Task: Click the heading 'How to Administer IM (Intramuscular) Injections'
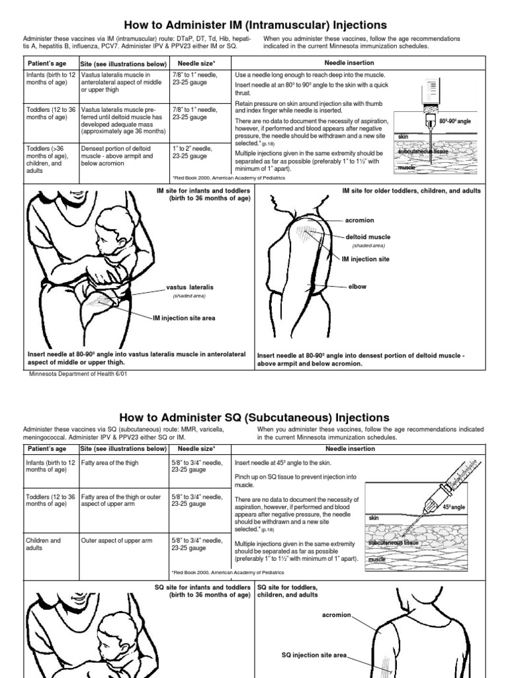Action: pos(254,24)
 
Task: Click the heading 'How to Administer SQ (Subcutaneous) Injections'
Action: pos(254,417)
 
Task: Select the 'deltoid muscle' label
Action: pos(368,236)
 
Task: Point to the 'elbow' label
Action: pos(357,287)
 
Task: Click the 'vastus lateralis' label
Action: pos(190,288)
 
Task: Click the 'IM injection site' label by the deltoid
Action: pos(365,259)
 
